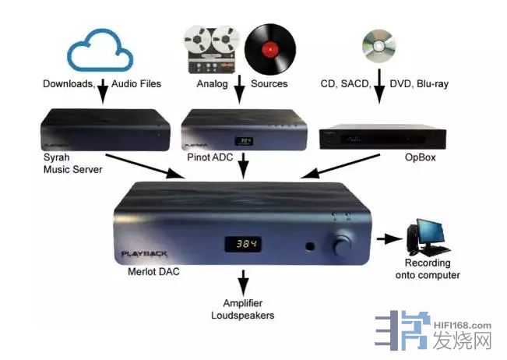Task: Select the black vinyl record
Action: [x=270, y=48]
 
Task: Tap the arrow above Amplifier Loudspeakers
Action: [x=243, y=281]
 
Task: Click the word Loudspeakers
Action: [x=243, y=316]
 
